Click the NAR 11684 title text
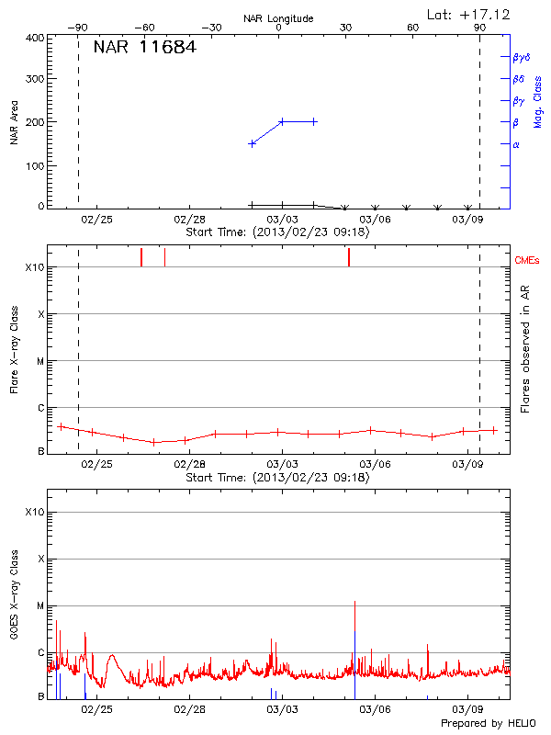click(144, 47)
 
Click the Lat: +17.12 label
click(469, 14)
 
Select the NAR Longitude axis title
click(278, 18)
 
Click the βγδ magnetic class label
click(522, 57)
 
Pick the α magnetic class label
click(516, 144)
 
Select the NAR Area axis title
click(15, 122)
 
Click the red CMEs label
click(528, 262)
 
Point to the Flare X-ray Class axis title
click(15, 352)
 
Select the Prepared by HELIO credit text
click(488, 723)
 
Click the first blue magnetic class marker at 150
click(252, 143)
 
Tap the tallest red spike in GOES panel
click(354, 603)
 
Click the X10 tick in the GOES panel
click(35, 512)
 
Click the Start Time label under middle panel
click(277, 478)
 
